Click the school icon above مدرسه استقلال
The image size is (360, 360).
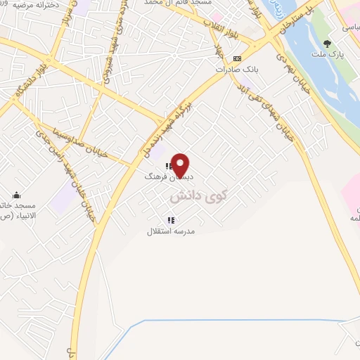171,219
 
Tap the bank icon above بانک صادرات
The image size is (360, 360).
237,58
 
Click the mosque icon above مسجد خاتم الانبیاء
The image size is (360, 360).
17,195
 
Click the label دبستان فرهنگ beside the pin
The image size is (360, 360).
162,177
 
